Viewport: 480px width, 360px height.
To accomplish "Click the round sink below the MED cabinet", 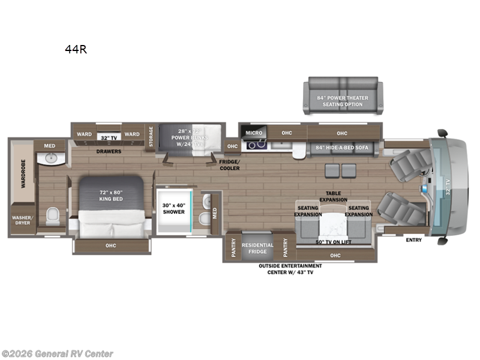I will coord(49,158).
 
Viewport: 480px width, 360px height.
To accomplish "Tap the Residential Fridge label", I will coord(257,248).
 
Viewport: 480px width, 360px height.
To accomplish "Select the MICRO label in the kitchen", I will coord(254,133).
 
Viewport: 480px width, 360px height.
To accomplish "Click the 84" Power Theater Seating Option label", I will coord(343,101).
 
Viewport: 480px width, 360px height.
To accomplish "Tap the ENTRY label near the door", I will coord(413,240).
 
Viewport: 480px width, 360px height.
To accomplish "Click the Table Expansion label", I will coord(334,197).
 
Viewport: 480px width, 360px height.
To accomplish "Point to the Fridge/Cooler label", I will coord(229,165).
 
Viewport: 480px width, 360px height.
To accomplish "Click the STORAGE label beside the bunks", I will coord(151,136).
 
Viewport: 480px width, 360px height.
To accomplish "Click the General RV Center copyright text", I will coord(58,354).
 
